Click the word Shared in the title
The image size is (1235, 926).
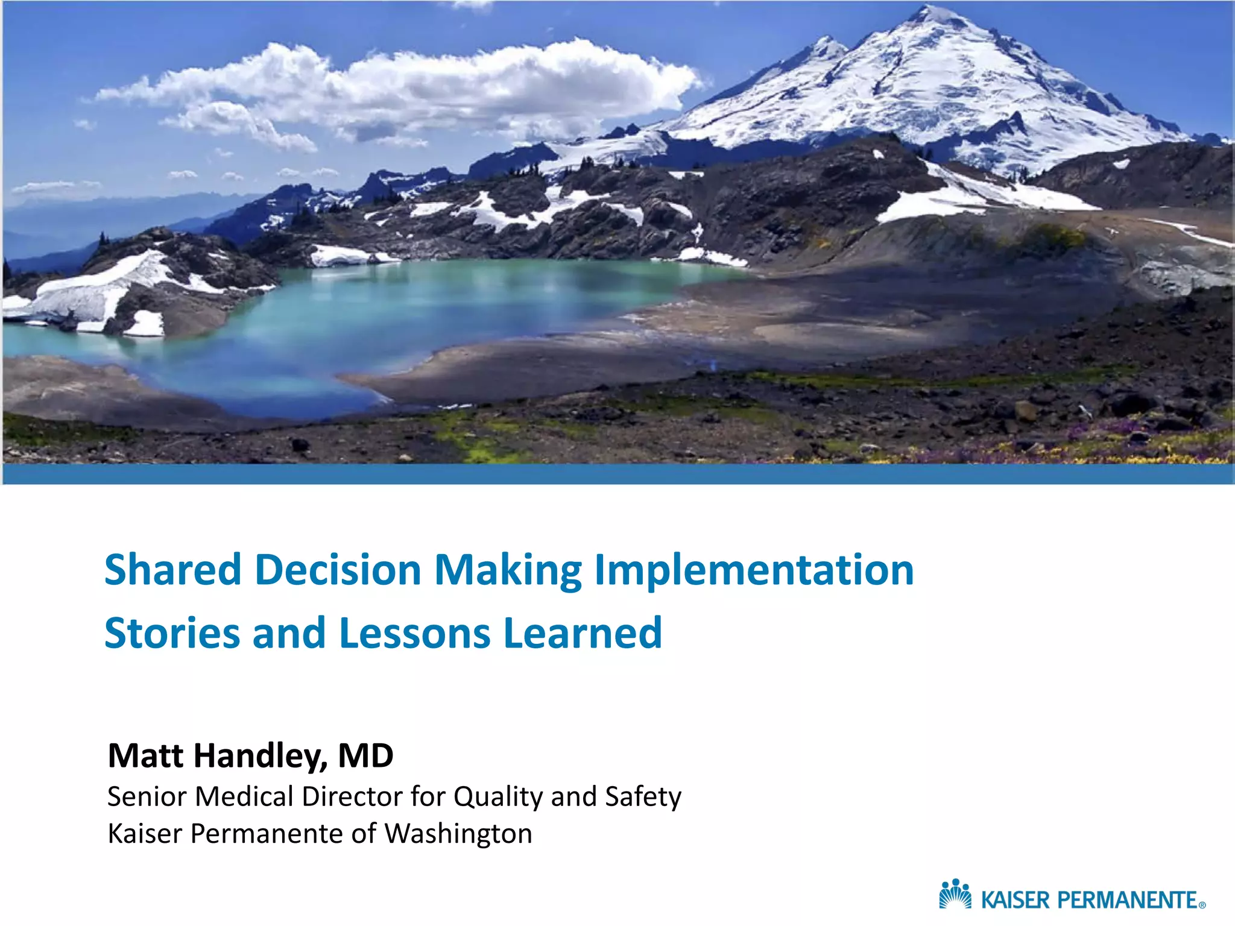click(172, 570)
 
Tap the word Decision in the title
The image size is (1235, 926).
click(338, 570)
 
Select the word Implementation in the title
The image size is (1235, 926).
click(754, 571)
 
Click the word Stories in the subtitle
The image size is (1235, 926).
click(172, 633)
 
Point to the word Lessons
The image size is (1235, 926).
click(415, 633)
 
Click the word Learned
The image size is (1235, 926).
click(583, 633)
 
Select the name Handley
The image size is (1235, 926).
click(260, 756)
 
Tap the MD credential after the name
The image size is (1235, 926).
click(365, 755)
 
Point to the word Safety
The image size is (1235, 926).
click(643, 797)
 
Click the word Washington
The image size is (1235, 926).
click(458, 834)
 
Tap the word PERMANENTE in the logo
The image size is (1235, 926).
click(1127, 900)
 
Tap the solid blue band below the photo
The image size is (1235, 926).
click(617, 474)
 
